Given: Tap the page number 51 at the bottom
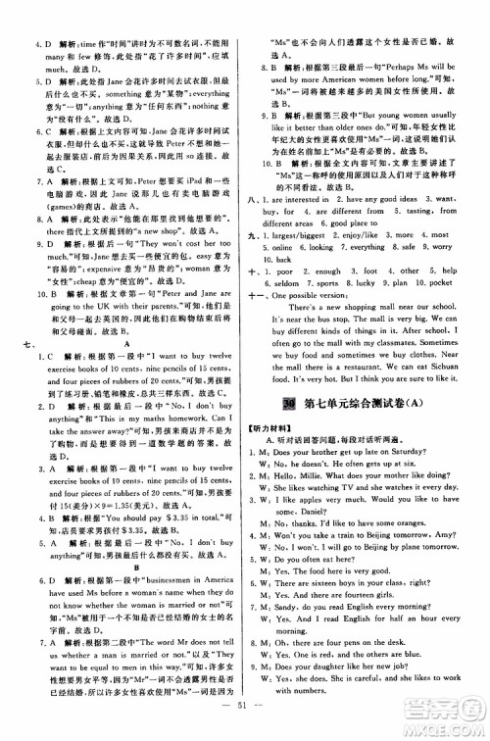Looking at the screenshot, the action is tap(245, 726).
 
